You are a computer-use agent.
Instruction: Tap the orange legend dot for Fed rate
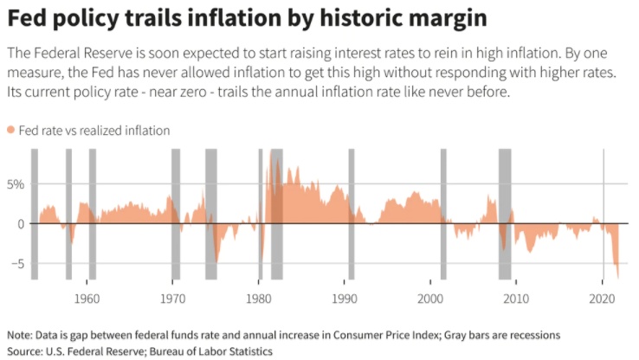(x=10, y=130)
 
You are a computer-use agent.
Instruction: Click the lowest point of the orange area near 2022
(x=618, y=277)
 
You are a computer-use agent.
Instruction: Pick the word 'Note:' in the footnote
(x=20, y=335)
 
